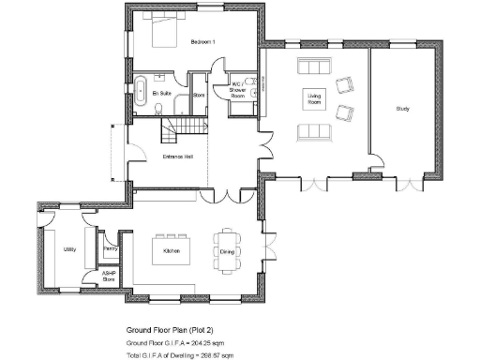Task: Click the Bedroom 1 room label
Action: pos(203,42)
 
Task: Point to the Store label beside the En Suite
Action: pos(198,95)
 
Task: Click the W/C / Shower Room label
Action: pos(238,90)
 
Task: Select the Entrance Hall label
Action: pos(177,156)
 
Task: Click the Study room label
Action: pos(402,110)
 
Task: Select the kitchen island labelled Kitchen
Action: pos(172,250)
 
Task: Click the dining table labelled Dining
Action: pos(227,250)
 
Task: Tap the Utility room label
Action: pos(69,250)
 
